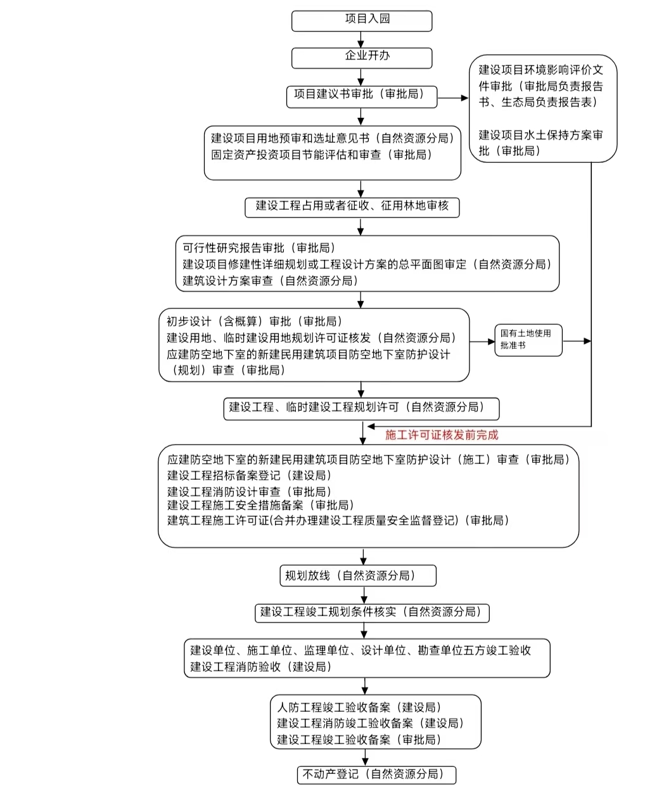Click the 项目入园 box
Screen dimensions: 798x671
361,20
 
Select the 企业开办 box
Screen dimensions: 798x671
361,57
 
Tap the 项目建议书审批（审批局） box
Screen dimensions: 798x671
361,95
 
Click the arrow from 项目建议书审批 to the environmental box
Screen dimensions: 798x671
452,98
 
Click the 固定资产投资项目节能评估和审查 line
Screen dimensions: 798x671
321,155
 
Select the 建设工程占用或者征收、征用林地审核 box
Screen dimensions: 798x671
352,206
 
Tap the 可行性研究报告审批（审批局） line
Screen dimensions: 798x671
259,248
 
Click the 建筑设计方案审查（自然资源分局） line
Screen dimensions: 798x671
271,281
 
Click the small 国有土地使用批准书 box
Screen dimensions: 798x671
528,339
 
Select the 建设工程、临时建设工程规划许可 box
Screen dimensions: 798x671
361,408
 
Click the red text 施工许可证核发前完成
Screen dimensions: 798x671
442,435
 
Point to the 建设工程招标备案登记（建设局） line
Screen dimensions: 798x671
249,475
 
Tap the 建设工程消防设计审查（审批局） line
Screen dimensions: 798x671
249,491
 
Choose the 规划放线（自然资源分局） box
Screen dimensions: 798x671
357,576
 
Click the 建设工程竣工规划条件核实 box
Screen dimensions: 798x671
371,612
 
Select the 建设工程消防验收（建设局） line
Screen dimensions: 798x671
261,667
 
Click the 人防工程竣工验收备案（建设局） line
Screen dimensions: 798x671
359,707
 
